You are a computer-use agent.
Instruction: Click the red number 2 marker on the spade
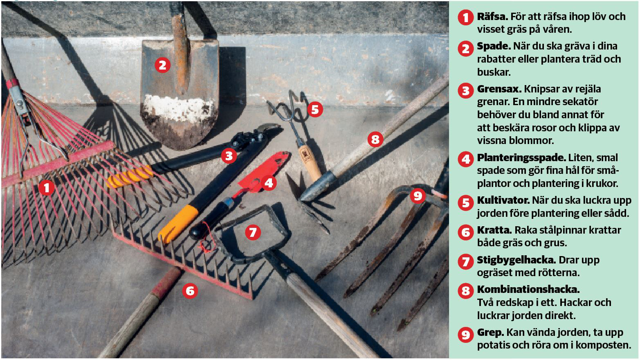(x=162, y=65)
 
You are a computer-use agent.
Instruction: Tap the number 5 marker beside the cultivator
(x=315, y=110)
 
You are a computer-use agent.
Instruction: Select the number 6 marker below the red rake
(x=190, y=291)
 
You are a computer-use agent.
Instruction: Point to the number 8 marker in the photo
(x=375, y=140)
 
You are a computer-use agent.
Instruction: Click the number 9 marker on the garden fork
(x=418, y=196)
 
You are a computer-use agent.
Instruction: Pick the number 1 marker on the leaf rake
(x=47, y=188)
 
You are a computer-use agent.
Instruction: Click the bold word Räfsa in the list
(x=492, y=17)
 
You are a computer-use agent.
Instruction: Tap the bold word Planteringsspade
(x=521, y=158)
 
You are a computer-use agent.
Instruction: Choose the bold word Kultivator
(x=503, y=200)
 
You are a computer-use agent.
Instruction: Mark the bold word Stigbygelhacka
(x=516, y=260)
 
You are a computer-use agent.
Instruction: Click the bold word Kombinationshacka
(x=528, y=289)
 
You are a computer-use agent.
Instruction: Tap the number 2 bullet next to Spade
(x=466, y=49)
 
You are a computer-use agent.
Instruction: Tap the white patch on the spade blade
(x=179, y=108)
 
